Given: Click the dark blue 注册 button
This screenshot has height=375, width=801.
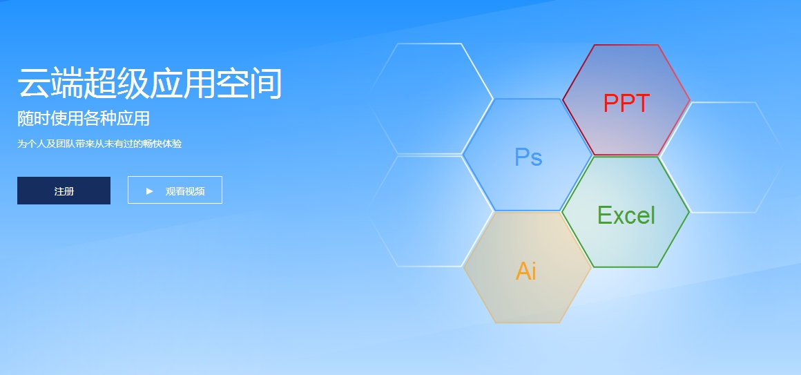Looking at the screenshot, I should pos(64,191).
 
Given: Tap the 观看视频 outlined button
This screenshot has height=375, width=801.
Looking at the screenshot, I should pos(175,190).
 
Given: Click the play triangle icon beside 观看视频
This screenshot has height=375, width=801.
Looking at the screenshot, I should pos(149,191).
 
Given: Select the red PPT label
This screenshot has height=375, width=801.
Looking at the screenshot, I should pos(626,104).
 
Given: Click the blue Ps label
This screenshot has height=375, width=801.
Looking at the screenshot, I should pos(528,157).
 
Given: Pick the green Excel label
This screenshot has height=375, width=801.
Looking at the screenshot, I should pos(626,215).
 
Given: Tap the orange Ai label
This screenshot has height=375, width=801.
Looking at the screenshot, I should pos(525,271).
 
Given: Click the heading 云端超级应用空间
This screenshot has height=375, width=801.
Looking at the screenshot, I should pos(150,84).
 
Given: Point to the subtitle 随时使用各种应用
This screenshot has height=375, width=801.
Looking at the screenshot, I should pos(84,119).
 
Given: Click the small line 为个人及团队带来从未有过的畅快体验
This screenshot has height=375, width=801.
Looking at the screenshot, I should pos(99,144).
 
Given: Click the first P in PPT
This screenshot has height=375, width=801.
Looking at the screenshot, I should pos(610,104).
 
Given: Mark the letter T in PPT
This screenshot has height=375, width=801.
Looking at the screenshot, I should pos(642,104).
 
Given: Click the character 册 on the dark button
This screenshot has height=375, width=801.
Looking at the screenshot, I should pos(69,191).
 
